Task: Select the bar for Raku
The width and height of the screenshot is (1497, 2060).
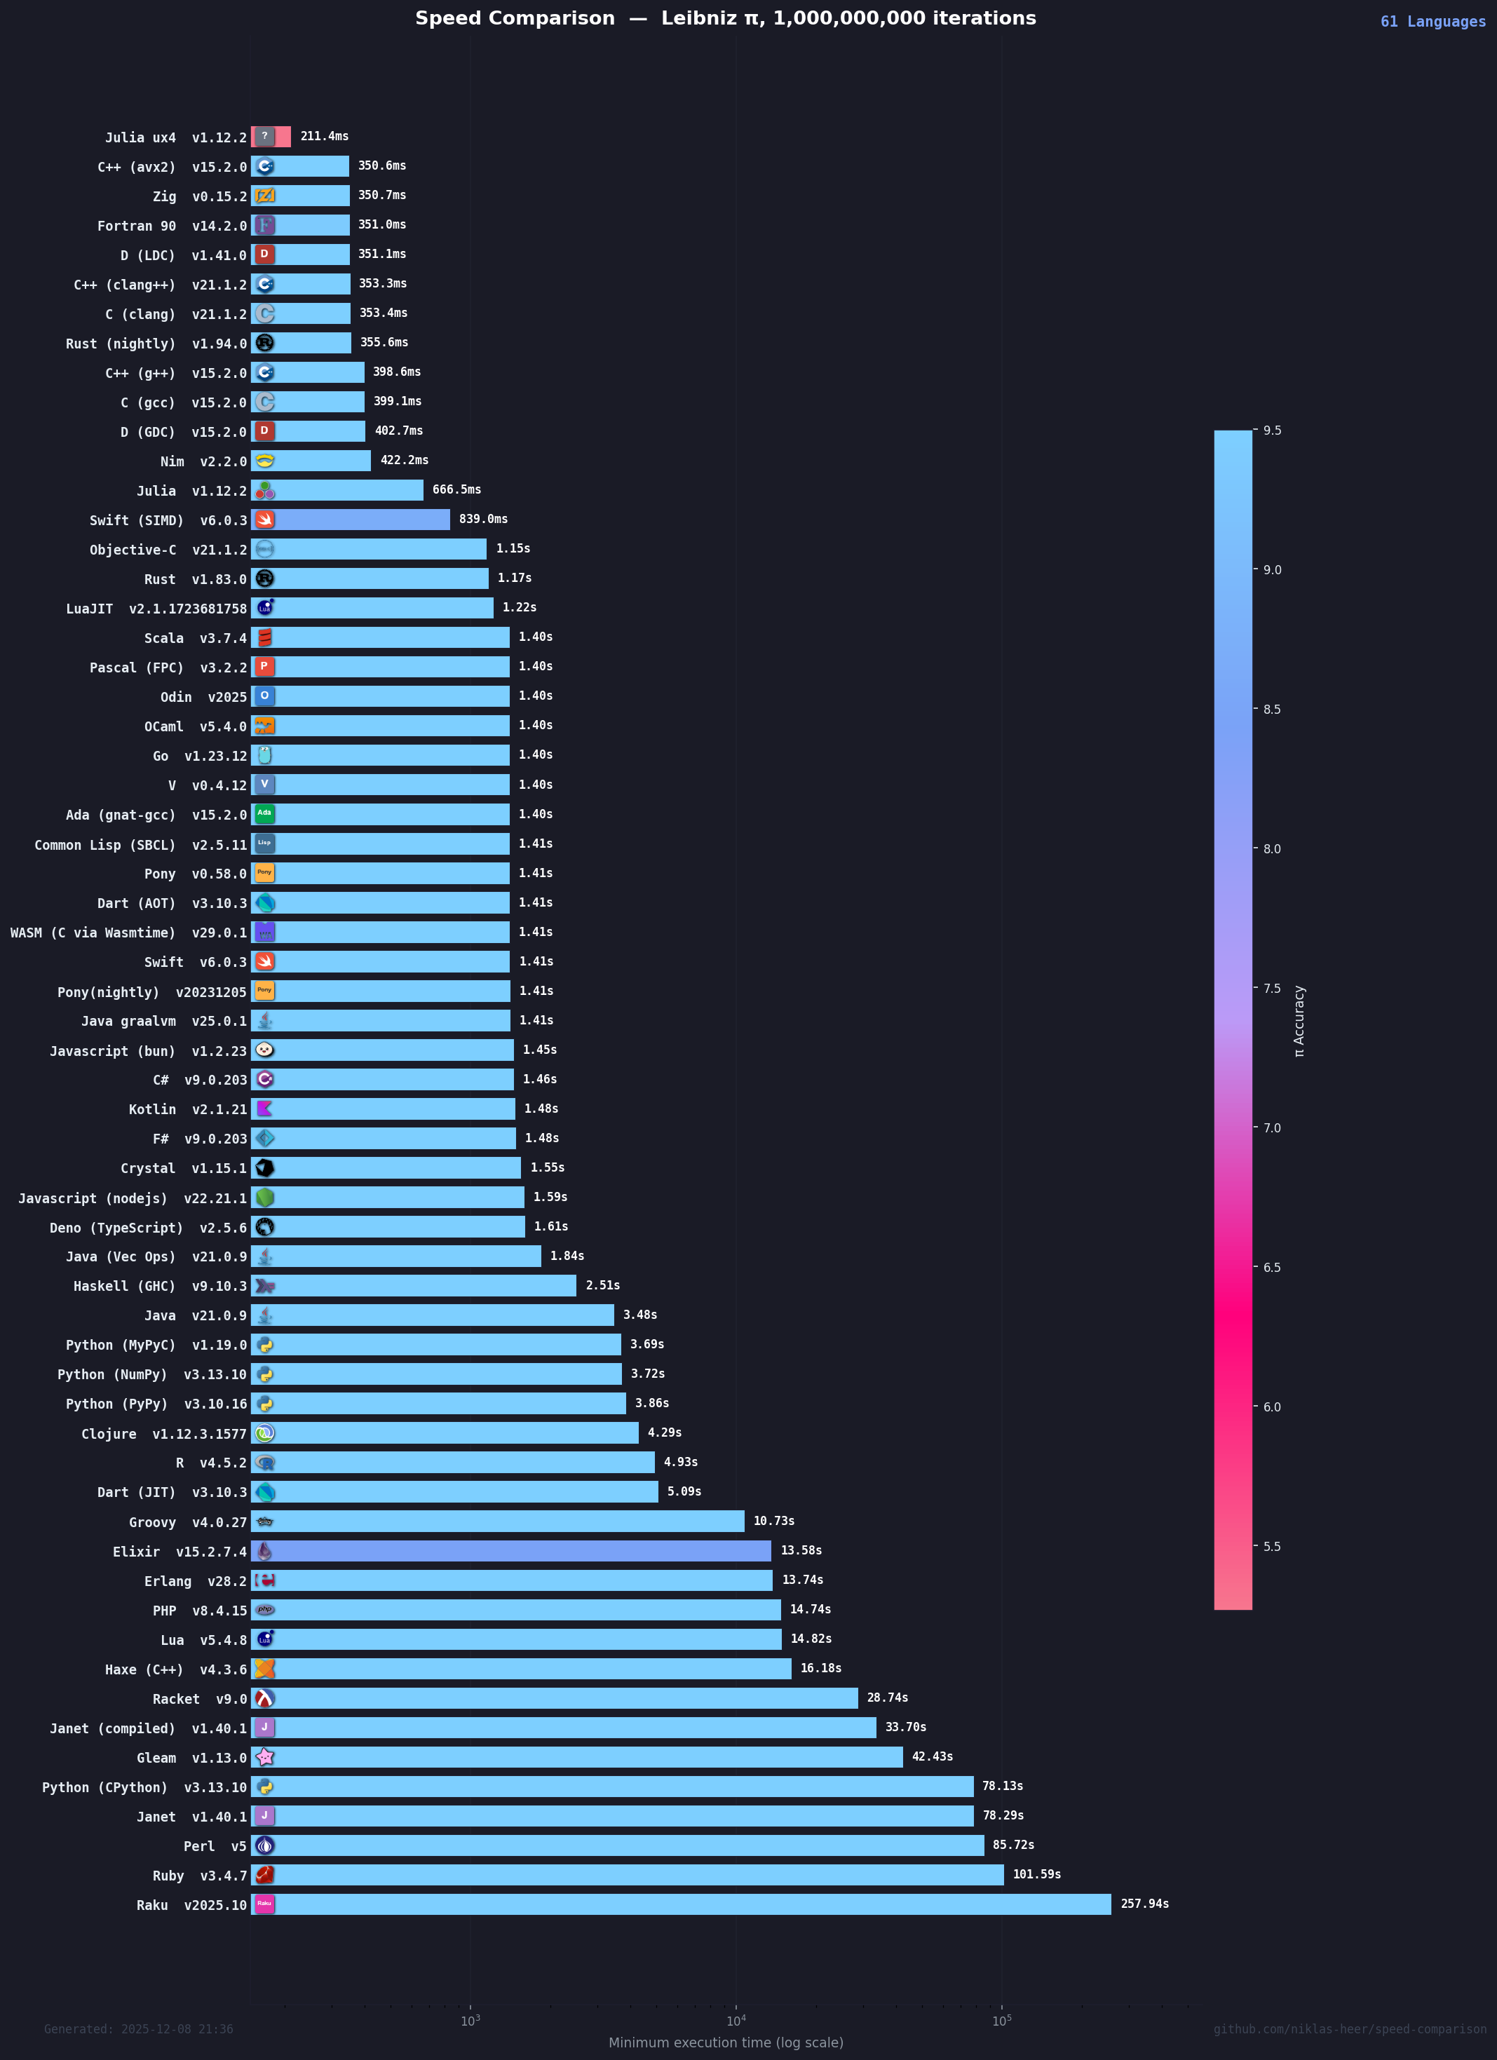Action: coord(682,1904)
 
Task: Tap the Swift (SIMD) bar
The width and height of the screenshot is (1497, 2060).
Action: coord(351,520)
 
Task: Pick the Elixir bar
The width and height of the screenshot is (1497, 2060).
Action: coord(511,1552)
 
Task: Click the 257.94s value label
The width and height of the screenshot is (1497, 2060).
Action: coord(1144,1904)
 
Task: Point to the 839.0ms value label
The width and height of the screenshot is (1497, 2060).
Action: coord(483,519)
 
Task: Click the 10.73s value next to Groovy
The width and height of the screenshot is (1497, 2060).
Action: coord(774,1521)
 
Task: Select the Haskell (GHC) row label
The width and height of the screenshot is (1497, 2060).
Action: coord(160,1286)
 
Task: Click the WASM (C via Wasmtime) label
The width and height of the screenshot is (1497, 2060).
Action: coord(128,933)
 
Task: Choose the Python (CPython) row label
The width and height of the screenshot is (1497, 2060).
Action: coord(144,1787)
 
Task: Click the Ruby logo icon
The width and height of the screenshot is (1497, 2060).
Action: coord(264,1875)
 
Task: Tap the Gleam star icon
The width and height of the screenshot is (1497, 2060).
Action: coord(264,1756)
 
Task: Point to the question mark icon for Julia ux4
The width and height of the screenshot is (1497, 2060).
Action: coord(264,136)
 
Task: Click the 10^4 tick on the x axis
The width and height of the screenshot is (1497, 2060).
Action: coord(736,2020)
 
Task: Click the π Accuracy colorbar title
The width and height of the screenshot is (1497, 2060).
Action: coord(1299,1021)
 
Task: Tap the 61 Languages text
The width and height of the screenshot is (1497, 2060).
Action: coord(1433,22)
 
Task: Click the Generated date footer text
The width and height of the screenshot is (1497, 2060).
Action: coord(138,2029)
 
